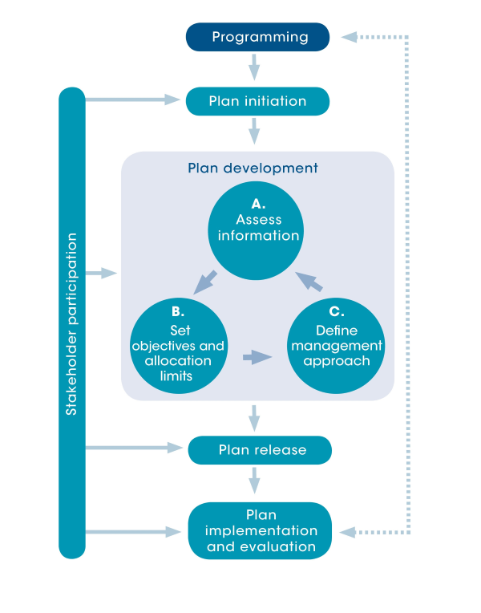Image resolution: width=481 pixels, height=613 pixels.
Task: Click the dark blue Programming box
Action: pos(257,37)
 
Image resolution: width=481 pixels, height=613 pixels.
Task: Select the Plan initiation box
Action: pos(257,101)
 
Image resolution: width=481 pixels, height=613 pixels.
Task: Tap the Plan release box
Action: pos(260,450)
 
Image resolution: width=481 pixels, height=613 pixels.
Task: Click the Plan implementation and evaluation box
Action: pos(260,530)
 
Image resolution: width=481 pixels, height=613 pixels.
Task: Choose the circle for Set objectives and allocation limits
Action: pos(178,345)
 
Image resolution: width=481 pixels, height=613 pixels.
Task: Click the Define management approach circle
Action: pos(336,345)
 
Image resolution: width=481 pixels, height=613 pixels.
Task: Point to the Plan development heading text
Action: pos(253,168)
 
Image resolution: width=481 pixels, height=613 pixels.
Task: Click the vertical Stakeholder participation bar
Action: pos(72,323)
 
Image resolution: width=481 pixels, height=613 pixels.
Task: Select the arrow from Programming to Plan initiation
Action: pos(254,67)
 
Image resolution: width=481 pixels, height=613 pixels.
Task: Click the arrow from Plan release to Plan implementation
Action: pos(254,481)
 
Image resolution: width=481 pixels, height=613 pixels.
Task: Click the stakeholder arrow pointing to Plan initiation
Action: pos(132,99)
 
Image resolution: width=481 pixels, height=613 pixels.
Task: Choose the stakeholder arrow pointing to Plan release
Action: pos(132,447)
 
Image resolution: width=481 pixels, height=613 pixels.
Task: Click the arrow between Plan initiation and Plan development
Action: pos(254,131)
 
